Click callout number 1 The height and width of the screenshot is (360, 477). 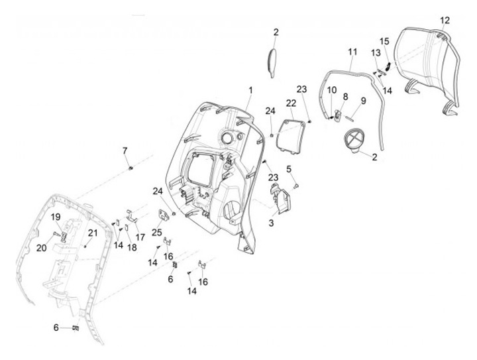coord(251,90)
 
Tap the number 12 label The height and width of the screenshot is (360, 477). coord(445,20)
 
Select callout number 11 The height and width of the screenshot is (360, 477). coord(352,51)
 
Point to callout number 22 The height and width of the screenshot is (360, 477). coord(291,103)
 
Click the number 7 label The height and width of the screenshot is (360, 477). coord(125,150)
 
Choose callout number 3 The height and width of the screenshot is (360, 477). coord(270,223)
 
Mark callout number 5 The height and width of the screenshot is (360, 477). coord(289,169)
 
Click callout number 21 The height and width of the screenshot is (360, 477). coord(93,233)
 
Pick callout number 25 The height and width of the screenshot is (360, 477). coord(156,232)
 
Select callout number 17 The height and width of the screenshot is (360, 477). coord(140,237)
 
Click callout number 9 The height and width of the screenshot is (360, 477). coord(363,101)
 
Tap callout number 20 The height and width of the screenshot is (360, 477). coord(41,248)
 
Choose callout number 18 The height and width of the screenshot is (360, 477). coord(132,247)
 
